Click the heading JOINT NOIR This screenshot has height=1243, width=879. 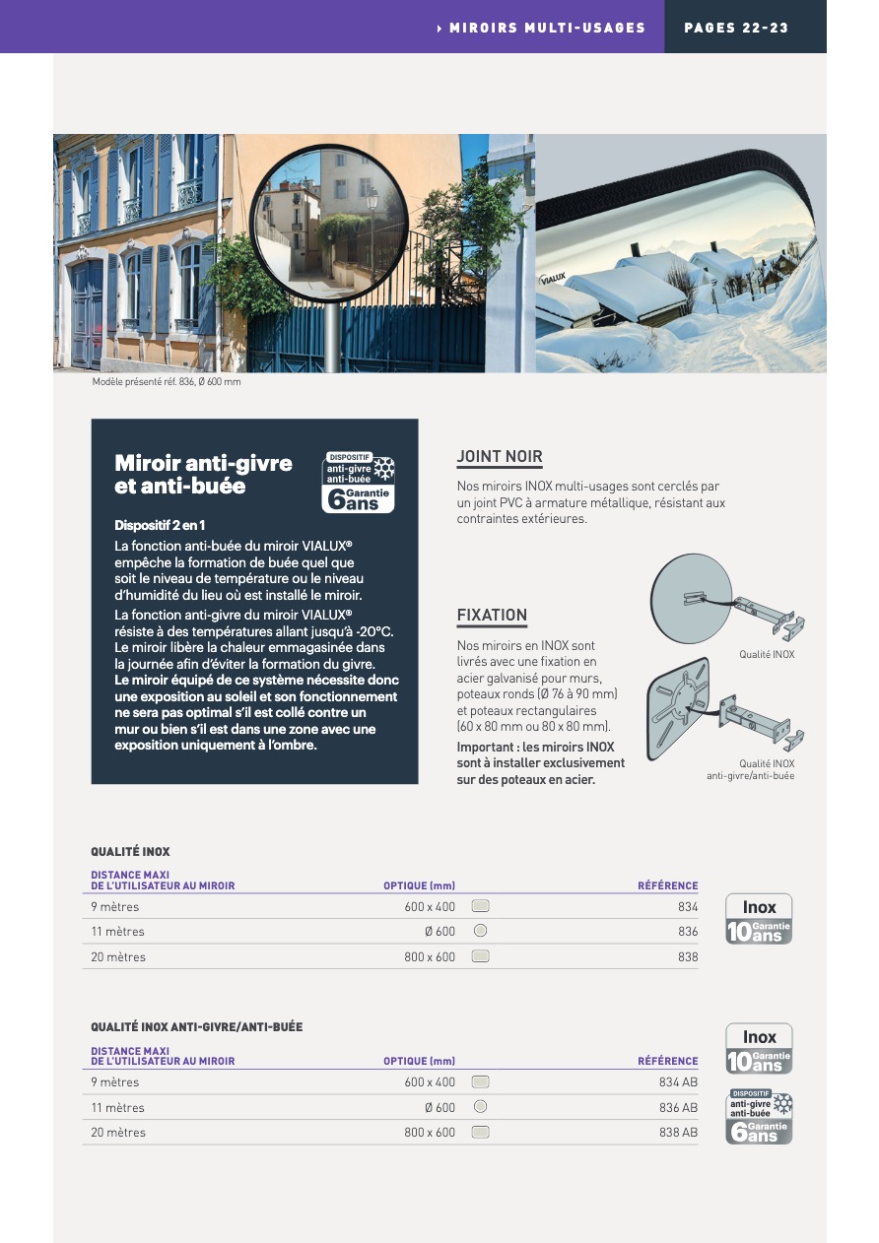point(500,457)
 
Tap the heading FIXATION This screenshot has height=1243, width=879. point(492,616)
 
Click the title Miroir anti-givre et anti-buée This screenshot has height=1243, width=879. point(203,474)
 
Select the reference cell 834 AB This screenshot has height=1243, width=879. point(678,1082)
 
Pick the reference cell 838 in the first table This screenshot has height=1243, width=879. point(688,957)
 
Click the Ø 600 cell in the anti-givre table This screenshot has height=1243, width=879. point(439,1108)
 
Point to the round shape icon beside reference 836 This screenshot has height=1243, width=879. point(480,931)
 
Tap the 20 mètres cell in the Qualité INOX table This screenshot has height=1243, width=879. point(118,957)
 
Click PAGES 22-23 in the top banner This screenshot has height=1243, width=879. point(736,28)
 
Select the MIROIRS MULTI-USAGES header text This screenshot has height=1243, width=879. point(547,28)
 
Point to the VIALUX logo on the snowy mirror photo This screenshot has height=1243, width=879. point(554,280)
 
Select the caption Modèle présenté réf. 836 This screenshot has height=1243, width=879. point(167,382)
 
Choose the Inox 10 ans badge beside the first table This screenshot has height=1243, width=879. point(759,919)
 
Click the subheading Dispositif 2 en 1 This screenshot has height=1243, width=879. point(160,525)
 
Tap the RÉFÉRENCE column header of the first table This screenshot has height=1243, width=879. point(667,886)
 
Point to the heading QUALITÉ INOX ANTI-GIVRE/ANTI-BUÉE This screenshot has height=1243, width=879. point(197,1027)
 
